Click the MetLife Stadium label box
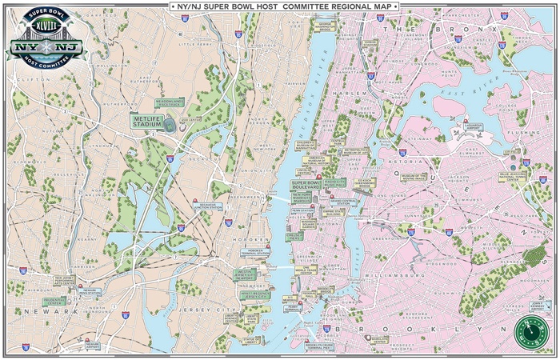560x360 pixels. pyautogui.click(x=147, y=121)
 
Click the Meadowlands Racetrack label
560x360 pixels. pyautogui.click(x=169, y=103)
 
